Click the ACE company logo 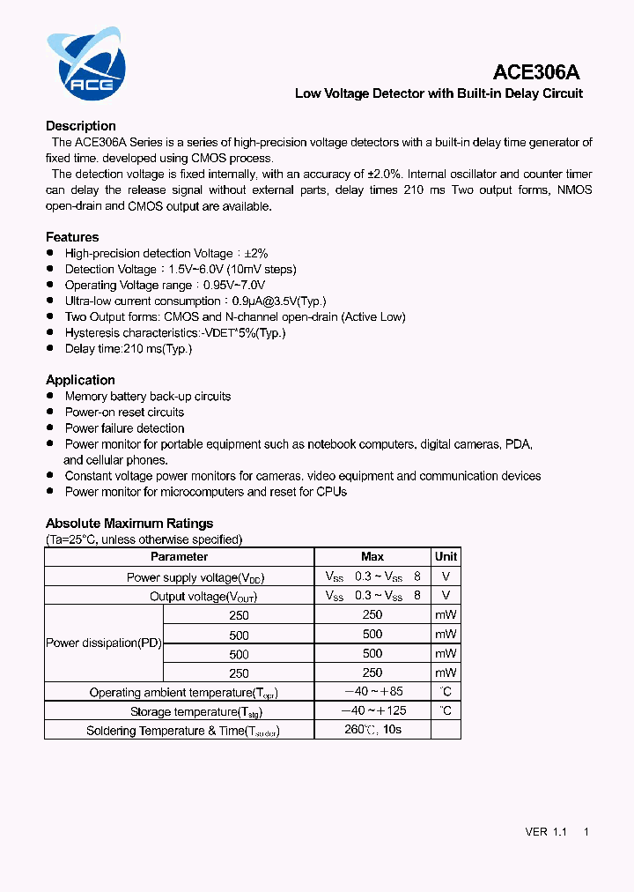86,66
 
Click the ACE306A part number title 536,73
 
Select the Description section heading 81,126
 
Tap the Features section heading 72,237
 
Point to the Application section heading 80,380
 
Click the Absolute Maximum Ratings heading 129,524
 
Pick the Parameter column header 179,557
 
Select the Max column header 372,557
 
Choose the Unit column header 446,557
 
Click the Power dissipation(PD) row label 104,643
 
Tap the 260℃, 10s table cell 372,731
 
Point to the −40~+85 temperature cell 372,692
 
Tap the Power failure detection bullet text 124,428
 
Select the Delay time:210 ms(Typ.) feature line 129,349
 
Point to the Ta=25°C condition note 144,539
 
